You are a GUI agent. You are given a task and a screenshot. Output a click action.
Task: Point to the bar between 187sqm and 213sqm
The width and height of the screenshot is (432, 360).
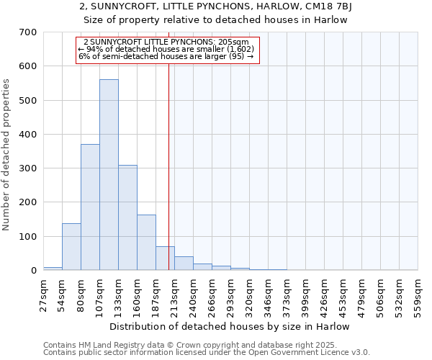165,258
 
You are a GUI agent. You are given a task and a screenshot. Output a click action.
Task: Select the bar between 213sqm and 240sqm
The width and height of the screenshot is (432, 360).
184,264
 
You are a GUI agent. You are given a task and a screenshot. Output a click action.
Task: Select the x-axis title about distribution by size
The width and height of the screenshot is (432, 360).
230,326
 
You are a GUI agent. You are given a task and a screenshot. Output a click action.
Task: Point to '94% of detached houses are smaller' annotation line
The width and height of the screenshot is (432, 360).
166,49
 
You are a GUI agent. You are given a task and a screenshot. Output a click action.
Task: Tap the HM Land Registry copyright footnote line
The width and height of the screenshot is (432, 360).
205,346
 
